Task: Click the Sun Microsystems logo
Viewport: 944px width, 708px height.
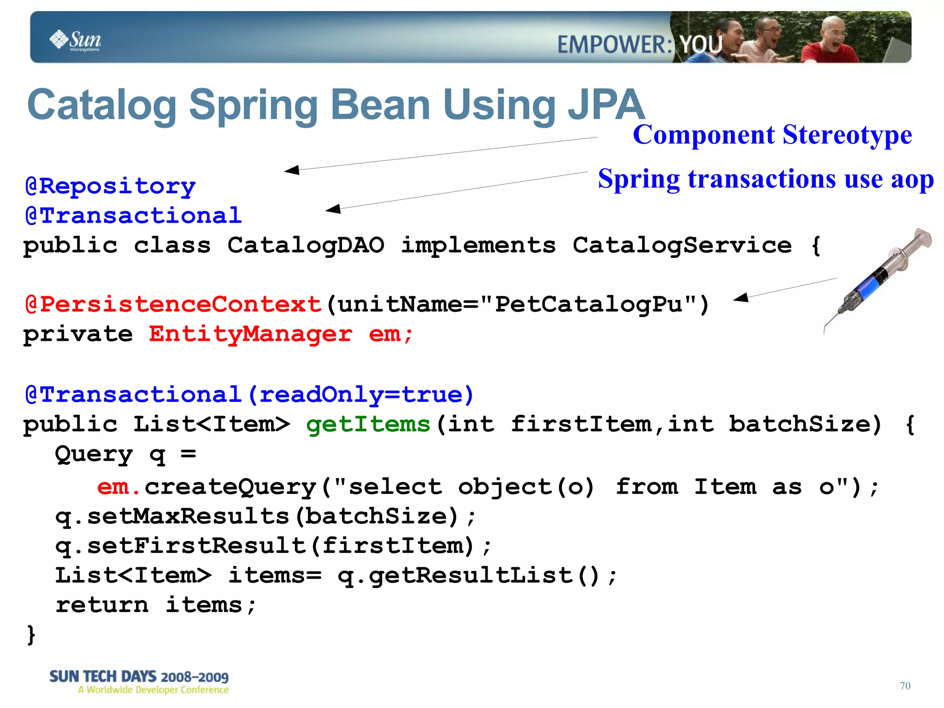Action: tap(75, 41)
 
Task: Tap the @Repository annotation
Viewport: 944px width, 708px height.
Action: tap(110, 186)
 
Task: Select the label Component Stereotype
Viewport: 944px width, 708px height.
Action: tap(772, 135)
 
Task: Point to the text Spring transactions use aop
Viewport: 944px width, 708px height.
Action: tap(765, 179)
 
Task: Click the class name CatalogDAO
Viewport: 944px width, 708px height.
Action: tap(305, 245)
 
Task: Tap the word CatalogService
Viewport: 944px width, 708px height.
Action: tap(682, 245)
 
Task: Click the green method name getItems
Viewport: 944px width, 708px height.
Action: tap(368, 424)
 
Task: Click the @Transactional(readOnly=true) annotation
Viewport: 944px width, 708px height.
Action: tap(249, 395)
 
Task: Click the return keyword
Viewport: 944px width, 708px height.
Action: tap(102, 605)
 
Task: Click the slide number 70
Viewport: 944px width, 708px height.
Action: tap(905, 686)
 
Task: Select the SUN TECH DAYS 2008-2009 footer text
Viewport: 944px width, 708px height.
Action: tap(139, 677)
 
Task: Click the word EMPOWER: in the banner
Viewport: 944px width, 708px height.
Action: tap(614, 45)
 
